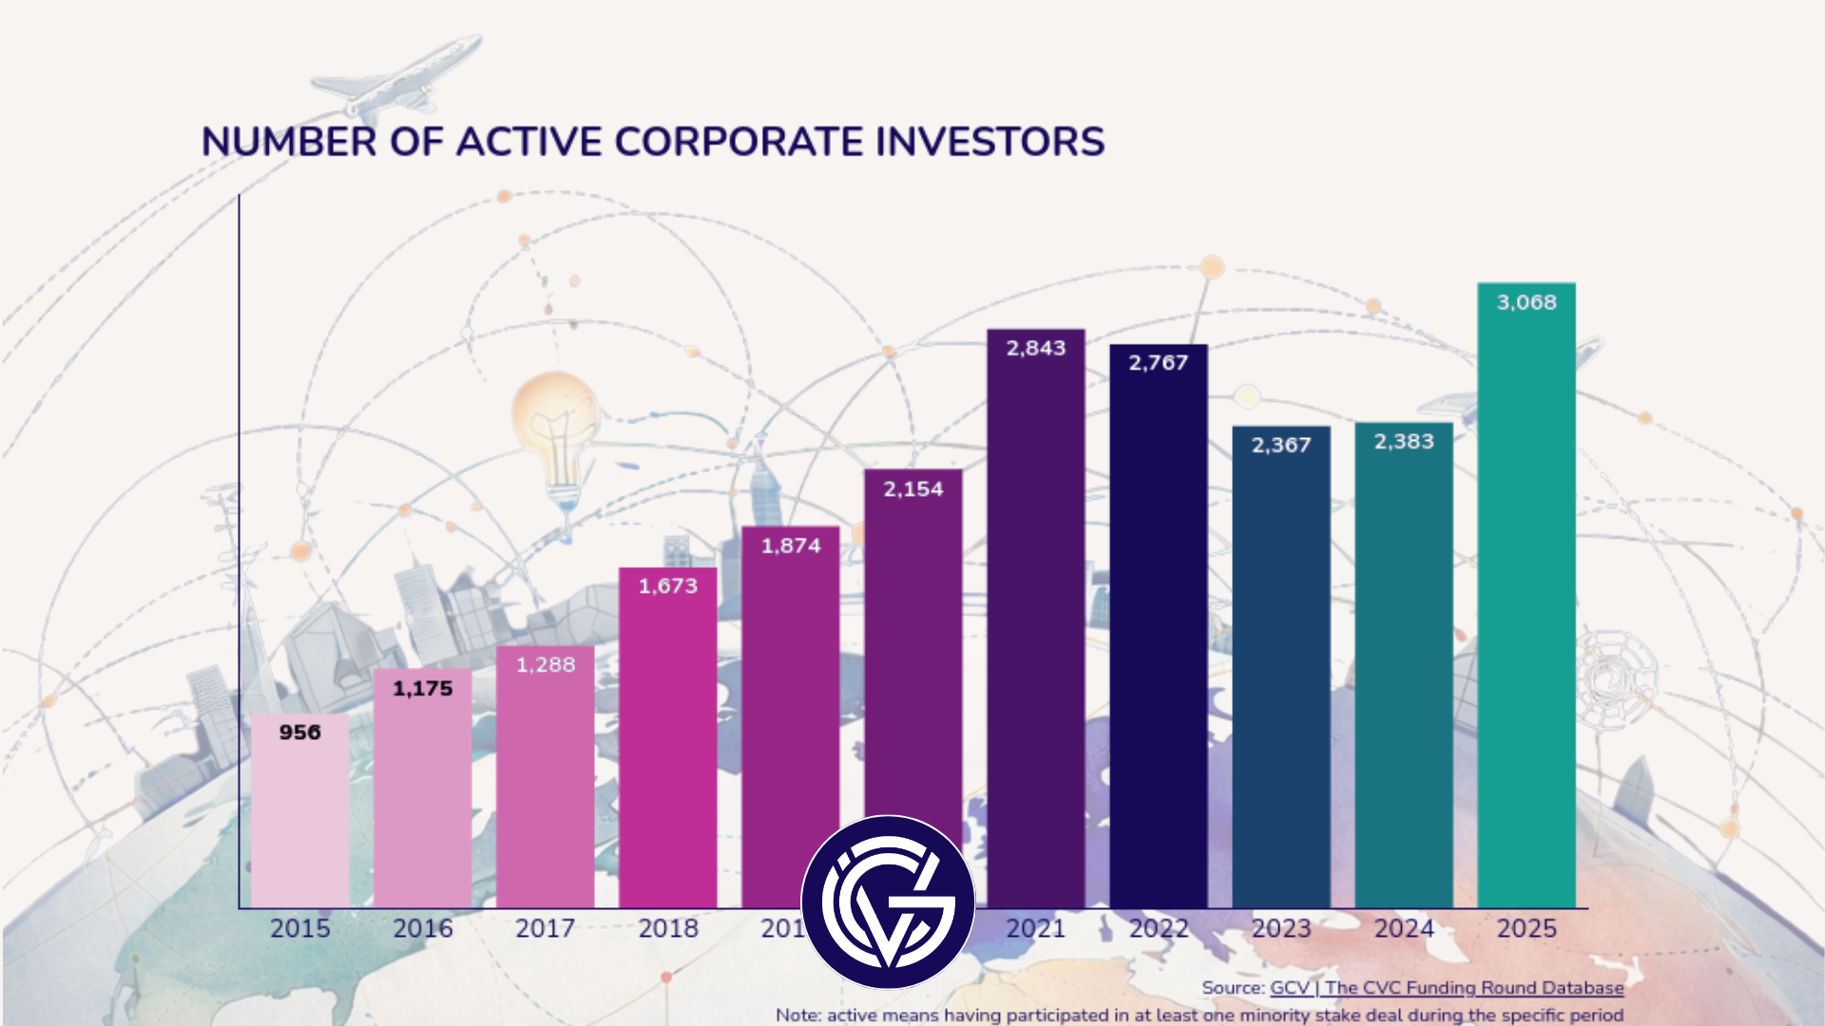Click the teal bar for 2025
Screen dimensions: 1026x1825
tap(1527, 608)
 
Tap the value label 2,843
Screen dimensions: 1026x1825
tap(1036, 349)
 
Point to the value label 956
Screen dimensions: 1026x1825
tap(299, 732)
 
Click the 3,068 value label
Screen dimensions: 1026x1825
tap(1527, 302)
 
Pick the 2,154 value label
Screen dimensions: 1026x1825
tap(912, 489)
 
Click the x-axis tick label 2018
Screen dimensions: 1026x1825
tap(668, 928)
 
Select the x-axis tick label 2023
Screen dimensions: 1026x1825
tap(1281, 928)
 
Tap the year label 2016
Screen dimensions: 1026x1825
tap(423, 928)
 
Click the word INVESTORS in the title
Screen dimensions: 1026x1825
tap(989, 142)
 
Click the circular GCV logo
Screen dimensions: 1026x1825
tap(888, 902)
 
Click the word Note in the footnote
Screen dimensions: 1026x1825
tap(797, 1015)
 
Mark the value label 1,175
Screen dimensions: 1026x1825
tap(423, 689)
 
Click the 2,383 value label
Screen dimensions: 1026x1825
tap(1404, 442)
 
